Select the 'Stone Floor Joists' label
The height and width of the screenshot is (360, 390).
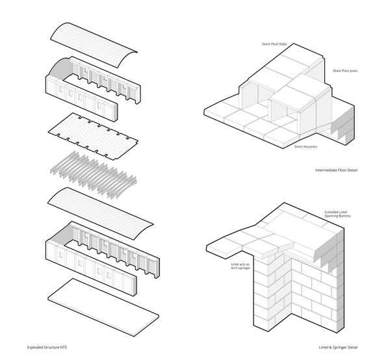coord(345,70)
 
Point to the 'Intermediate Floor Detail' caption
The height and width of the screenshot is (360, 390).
coord(335,170)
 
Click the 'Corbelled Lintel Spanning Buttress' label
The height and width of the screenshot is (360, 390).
coord(341,214)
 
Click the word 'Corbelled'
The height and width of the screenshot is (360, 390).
coord(333,212)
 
